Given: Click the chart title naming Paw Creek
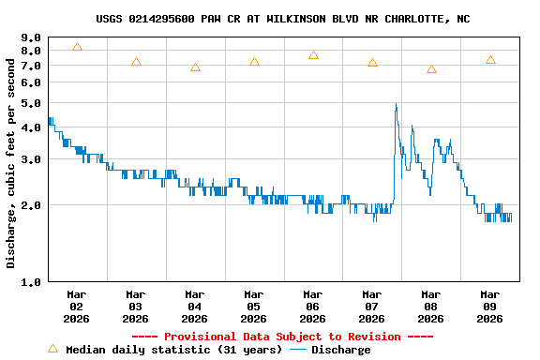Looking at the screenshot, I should pyautogui.click(x=282, y=19).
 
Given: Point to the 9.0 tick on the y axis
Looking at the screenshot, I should pyautogui.click(x=31, y=38).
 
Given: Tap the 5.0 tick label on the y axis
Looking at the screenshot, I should pyautogui.click(x=31, y=102).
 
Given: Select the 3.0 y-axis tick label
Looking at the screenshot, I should pyautogui.click(x=31, y=159).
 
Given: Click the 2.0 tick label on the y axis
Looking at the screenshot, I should pyautogui.click(x=31, y=205).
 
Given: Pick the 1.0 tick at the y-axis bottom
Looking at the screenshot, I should pyautogui.click(x=31, y=281).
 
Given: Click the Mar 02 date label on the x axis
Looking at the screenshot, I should pyautogui.click(x=77, y=306).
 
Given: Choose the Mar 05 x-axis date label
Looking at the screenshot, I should pyautogui.click(x=253, y=306).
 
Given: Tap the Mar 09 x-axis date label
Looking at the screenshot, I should pyautogui.click(x=489, y=306).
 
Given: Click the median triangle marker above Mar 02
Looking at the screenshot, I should pyautogui.click(x=77, y=47).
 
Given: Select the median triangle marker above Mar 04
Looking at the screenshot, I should pyautogui.click(x=195, y=67).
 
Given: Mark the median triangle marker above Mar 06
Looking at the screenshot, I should pyautogui.click(x=313, y=55).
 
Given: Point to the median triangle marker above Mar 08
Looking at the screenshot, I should pyautogui.click(x=431, y=69).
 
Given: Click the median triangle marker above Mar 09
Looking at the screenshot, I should pyautogui.click(x=490, y=60).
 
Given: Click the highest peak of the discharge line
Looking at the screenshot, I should pyautogui.click(x=396, y=104).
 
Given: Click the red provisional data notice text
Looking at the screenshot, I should pyautogui.click(x=282, y=337).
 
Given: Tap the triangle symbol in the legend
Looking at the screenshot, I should pyautogui.click(x=52, y=349).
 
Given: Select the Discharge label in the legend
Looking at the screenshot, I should pyautogui.click(x=340, y=350).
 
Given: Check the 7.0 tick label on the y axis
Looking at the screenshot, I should pyautogui.click(x=31, y=66).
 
